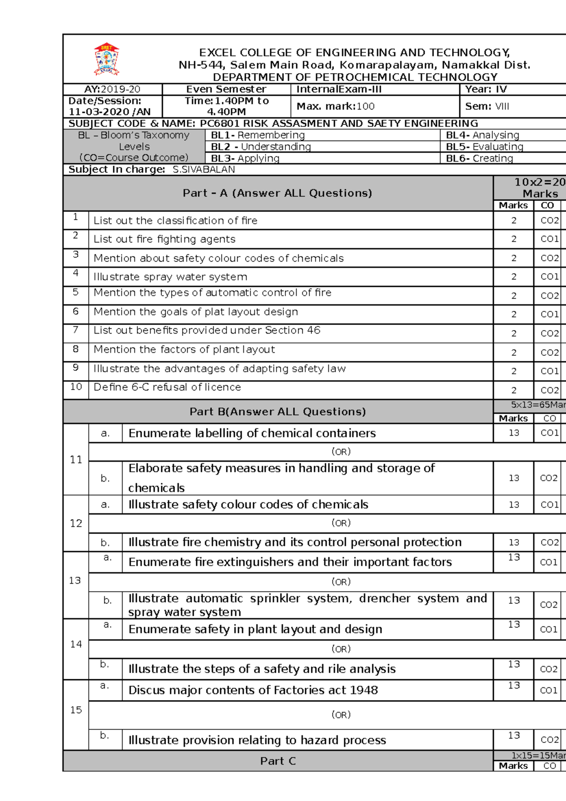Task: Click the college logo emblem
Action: coord(107,59)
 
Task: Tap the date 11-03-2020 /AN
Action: coord(109,112)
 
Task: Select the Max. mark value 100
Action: coord(366,106)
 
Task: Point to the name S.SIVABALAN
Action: coord(204,169)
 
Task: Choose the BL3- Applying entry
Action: coord(245,158)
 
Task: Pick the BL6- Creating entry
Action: coord(479,158)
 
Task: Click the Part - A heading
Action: coord(277,193)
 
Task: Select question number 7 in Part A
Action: coord(75,330)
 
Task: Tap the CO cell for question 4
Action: coord(549,276)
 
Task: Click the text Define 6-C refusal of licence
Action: coord(167,387)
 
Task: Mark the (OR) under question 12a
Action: coord(341,523)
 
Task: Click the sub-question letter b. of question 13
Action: coord(108,601)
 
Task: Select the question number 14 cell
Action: coord(76,644)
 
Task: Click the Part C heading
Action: coord(278,761)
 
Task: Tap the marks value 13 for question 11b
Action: coord(514,478)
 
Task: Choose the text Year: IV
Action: coord(486,89)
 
